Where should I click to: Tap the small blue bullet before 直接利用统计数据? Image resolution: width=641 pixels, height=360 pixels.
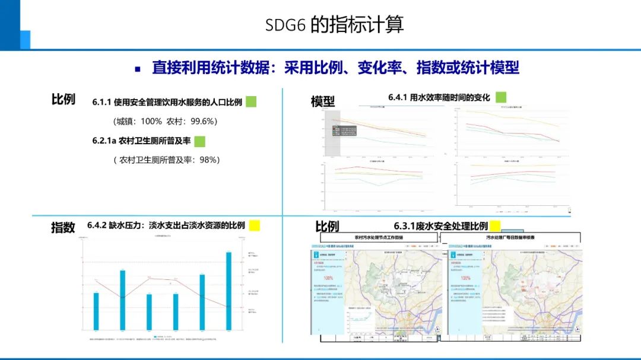coord(138,69)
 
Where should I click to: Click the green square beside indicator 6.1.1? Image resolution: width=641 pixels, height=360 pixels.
coord(251,101)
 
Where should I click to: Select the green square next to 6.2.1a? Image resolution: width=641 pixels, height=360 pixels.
coord(199,141)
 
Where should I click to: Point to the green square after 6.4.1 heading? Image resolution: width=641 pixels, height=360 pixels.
coord(501,97)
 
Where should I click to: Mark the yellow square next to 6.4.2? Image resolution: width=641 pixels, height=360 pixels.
coord(255,225)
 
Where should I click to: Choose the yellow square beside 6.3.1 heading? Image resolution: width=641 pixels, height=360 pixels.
coord(495,225)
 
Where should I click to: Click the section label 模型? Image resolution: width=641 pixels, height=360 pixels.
coord(323,102)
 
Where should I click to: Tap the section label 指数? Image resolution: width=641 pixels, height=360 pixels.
coord(63,227)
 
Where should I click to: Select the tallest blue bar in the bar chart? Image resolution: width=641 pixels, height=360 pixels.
coord(229,290)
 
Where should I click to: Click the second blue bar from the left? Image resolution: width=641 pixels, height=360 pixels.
coord(122,299)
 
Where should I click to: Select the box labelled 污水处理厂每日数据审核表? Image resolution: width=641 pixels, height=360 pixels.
coord(511,237)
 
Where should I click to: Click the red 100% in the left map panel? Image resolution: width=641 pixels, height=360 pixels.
coord(328,278)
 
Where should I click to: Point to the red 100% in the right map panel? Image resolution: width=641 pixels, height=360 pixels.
coord(465,278)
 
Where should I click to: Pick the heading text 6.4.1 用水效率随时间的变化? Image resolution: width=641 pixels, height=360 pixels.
coord(439,97)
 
